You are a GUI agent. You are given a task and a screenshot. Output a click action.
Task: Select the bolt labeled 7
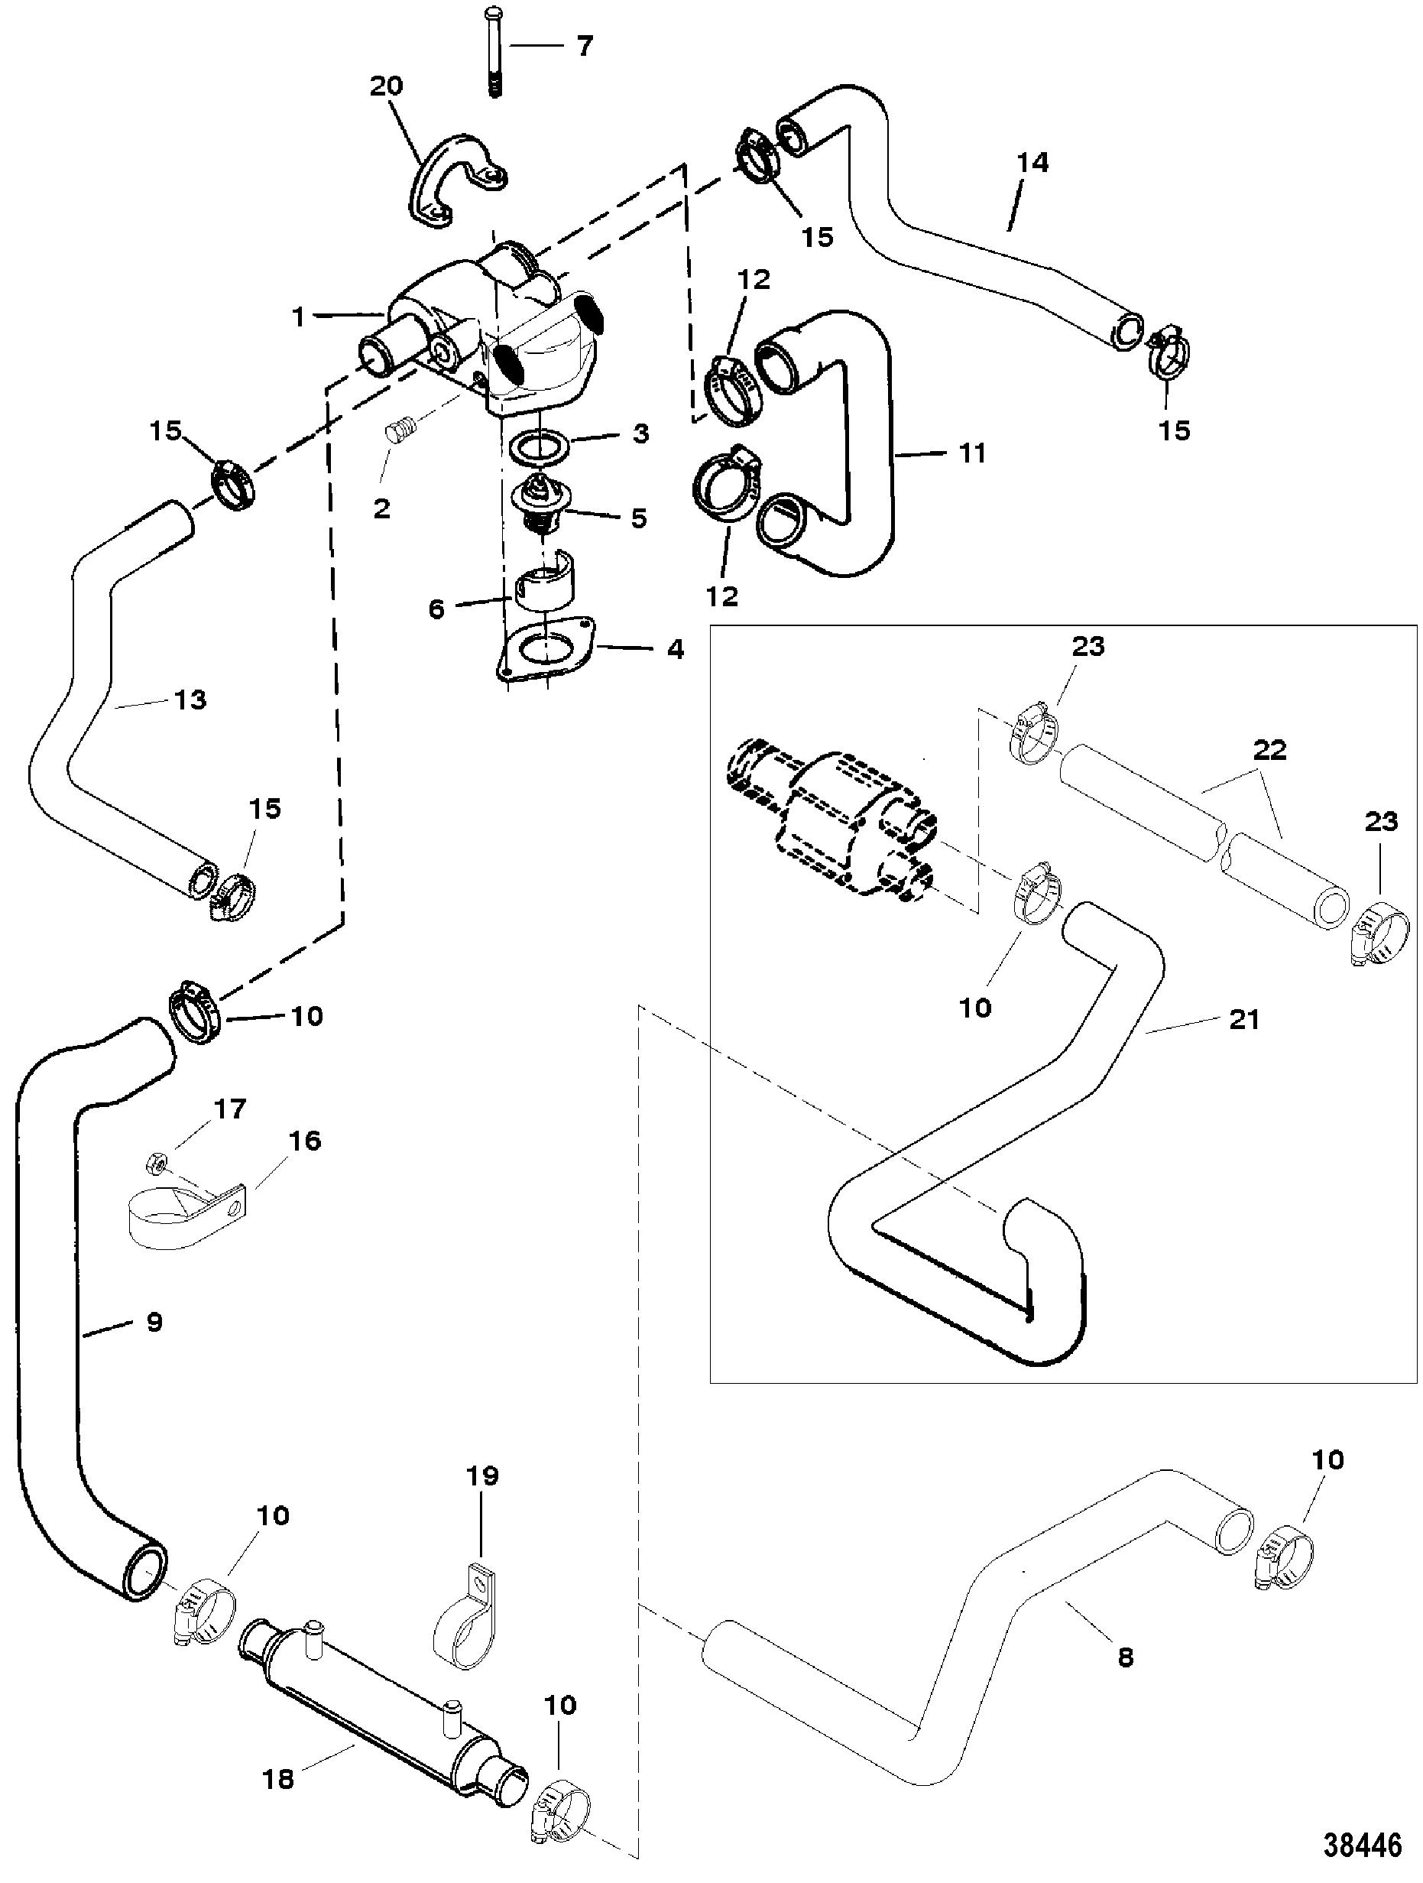pos(494,52)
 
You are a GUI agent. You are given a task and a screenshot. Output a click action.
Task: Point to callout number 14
pos(1032,162)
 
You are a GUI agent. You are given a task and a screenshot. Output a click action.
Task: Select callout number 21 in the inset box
pos(1243,1019)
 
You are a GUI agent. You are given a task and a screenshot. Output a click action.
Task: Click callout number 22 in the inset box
pos(1269,751)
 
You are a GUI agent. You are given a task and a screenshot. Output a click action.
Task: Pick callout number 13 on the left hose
pos(190,700)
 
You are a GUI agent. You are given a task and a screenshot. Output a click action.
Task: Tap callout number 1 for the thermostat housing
pos(298,317)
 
